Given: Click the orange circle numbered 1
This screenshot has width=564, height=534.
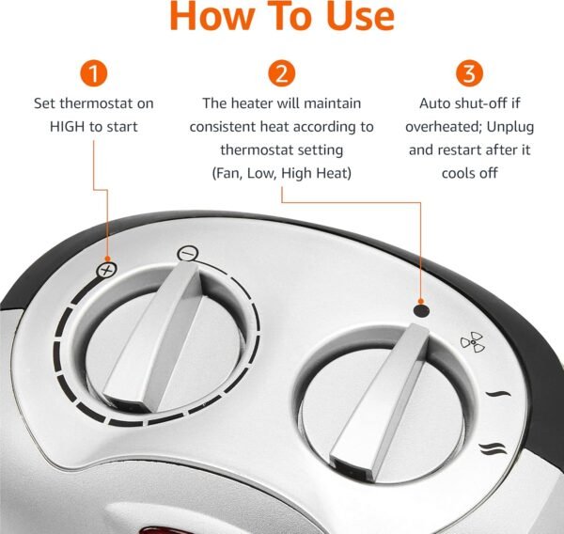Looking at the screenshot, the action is click(93, 73).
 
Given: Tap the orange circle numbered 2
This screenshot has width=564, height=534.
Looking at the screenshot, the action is click(282, 73).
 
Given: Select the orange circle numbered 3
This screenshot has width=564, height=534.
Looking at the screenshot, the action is click(469, 73).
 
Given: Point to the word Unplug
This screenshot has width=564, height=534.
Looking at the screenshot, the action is click(510, 127).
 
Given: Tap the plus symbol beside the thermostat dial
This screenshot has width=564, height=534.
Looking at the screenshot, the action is click(107, 270).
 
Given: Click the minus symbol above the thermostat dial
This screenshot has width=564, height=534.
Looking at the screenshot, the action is click(188, 253).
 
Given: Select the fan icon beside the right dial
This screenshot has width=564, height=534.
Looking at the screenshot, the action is click(473, 342).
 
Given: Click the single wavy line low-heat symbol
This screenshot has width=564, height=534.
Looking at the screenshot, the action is click(498, 394).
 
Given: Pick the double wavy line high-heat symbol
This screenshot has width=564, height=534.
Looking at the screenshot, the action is click(493, 448).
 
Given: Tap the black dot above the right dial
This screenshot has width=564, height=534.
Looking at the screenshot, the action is click(421, 310).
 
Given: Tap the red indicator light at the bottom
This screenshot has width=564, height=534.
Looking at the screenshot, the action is click(158, 530).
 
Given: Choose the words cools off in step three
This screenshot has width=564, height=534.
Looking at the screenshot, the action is click(470, 173).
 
